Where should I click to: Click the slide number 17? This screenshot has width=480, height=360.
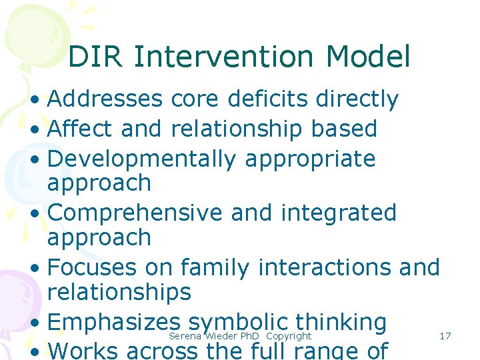click(445, 336)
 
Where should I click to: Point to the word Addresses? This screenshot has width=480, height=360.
click(105, 99)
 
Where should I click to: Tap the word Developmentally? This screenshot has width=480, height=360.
click(142, 159)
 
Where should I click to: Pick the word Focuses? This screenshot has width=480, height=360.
click(93, 268)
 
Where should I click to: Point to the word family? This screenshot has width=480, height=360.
click(215, 268)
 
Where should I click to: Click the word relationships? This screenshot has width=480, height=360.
click(119, 292)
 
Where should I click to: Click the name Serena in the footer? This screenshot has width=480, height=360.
click(185, 336)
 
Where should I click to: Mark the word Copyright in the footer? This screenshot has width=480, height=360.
click(289, 336)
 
